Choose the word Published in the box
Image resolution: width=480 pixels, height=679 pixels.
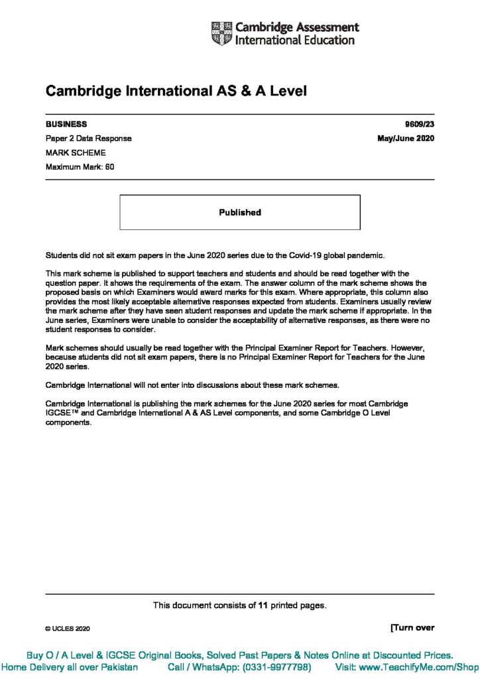click(240, 213)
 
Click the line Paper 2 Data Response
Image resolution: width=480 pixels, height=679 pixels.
click(88, 139)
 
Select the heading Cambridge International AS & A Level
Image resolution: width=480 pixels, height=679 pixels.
click(176, 92)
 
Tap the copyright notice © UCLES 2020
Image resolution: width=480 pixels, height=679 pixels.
click(67, 628)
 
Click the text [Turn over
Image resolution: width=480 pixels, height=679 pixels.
click(412, 627)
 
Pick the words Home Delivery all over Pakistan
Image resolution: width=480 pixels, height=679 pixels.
click(70, 667)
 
